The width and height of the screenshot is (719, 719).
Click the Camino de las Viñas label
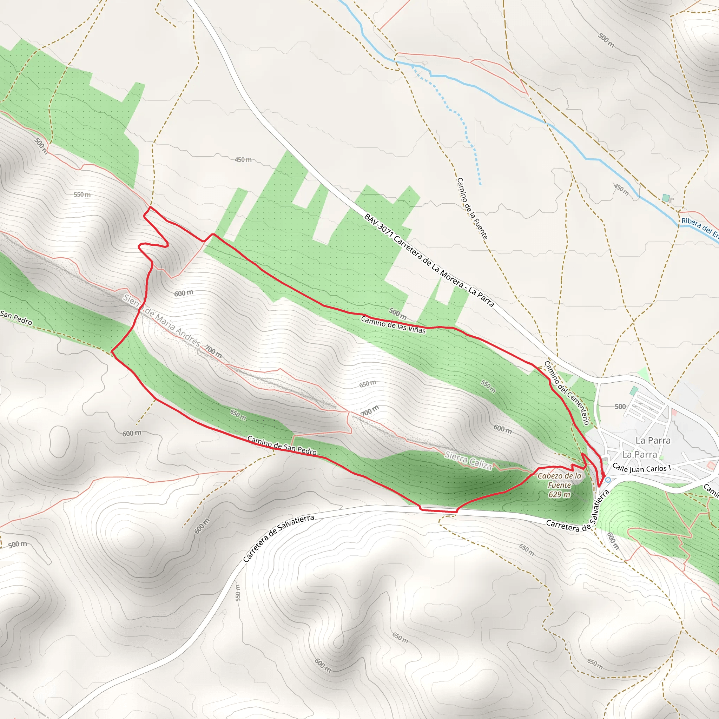coord(393,324)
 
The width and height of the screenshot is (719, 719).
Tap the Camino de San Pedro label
coord(282,446)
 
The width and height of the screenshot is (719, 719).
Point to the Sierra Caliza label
coord(469,461)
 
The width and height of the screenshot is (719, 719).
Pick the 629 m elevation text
coord(559,495)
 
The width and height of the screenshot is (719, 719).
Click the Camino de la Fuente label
coord(472,209)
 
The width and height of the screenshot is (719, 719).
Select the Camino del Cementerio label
coord(567,393)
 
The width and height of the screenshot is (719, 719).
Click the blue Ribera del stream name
coord(699,227)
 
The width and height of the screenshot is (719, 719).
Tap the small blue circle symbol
coord(608,480)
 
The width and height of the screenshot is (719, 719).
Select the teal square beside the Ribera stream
coord(666,198)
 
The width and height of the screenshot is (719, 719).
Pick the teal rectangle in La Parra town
coord(633,391)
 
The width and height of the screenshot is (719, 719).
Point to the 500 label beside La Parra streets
coord(620,407)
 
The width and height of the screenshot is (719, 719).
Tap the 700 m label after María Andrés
coord(213,351)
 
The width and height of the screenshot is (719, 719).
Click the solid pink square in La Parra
coord(674,412)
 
